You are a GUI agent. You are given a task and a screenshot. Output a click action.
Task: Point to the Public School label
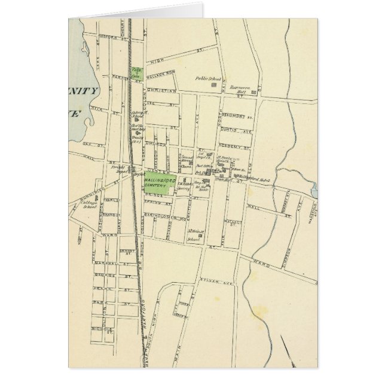coord(208,78)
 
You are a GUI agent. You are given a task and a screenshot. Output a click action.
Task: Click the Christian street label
coord(163,91)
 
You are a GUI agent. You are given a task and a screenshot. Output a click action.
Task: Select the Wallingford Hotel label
coord(261,179)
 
